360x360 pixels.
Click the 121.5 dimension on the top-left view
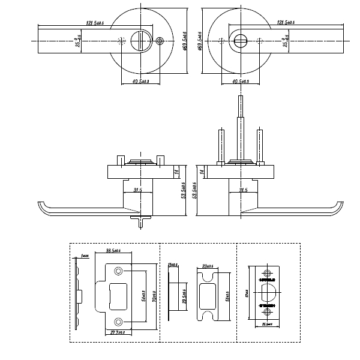95,23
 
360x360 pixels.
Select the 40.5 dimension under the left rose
139,81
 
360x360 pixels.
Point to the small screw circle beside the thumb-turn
159,41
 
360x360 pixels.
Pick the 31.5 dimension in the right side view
243,191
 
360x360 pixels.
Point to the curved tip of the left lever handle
41,208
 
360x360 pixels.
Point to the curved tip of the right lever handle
337,208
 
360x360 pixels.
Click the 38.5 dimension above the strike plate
113,251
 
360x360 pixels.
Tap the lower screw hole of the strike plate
118,320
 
